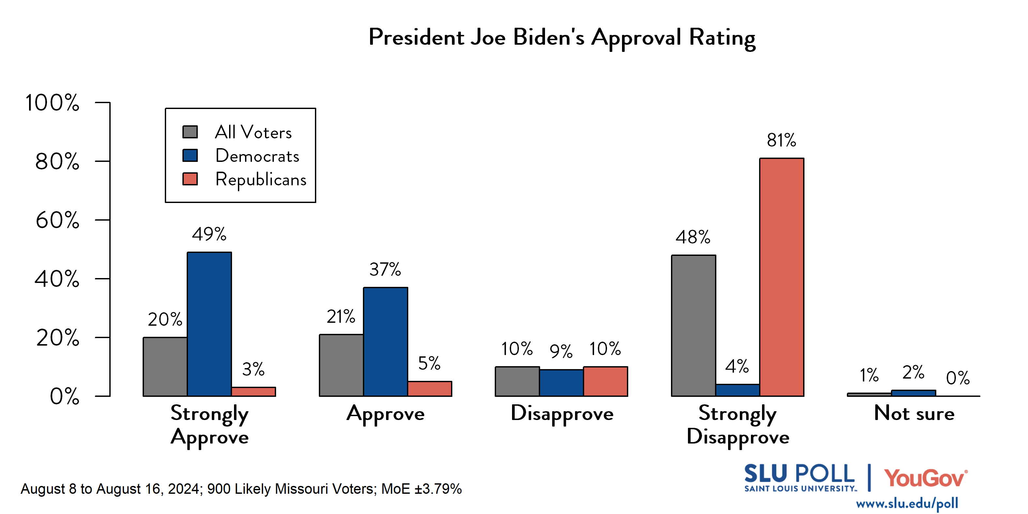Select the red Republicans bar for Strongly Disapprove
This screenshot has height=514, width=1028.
[781, 277]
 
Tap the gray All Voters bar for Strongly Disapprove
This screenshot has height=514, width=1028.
[693, 325]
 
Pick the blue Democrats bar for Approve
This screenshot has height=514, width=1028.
[385, 342]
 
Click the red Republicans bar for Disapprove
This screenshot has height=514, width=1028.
[605, 381]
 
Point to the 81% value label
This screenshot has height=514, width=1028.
[781, 140]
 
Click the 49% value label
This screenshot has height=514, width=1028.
[209, 234]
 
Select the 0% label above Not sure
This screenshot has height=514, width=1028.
[958, 378]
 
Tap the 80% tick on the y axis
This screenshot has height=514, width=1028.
[57, 162]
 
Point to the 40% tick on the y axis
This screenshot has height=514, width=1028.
[57, 279]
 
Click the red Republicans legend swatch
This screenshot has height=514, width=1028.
[190, 179]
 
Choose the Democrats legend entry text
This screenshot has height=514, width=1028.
[257, 156]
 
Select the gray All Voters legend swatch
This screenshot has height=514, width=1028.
[190, 132]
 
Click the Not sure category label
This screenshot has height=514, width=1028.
[914, 413]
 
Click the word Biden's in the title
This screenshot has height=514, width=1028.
[548, 38]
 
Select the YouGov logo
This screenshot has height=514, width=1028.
[925, 478]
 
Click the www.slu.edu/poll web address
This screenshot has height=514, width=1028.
[907, 504]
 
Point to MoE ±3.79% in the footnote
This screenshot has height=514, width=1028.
[421, 489]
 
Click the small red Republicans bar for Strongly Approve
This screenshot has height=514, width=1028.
[253, 392]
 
